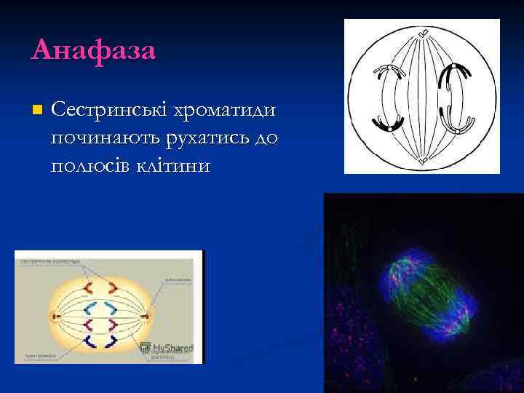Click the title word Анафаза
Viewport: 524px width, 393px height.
point(93,51)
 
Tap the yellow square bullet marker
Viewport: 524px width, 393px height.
point(37,110)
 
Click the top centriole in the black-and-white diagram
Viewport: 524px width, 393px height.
point(423,32)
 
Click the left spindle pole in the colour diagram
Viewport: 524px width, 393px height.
point(54,316)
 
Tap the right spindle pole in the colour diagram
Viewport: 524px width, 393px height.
point(147,316)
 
